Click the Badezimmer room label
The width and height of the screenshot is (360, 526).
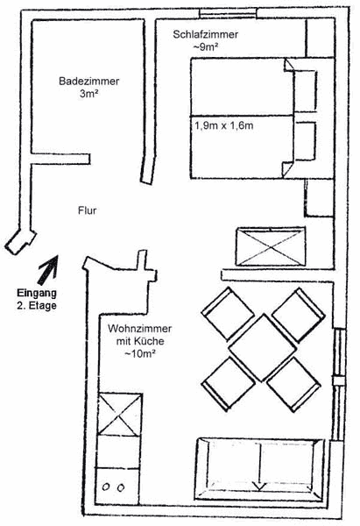pyautogui.click(x=88, y=82)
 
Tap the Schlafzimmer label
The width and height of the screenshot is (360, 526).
pyautogui.click(x=206, y=34)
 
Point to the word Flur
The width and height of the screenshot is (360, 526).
pyautogui.click(x=87, y=210)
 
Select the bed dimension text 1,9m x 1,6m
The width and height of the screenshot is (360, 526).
pyautogui.click(x=224, y=125)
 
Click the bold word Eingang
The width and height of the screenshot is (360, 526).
pyautogui.click(x=37, y=293)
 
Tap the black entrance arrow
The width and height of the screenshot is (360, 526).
pyautogui.click(x=48, y=270)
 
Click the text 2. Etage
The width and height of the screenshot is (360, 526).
pyautogui.click(x=37, y=306)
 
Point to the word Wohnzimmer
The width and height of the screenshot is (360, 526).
pyautogui.click(x=140, y=329)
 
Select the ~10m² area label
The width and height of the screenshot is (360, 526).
pyautogui.click(x=140, y=353)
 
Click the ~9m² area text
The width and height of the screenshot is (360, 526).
pyautogui.click(x=206, y=47)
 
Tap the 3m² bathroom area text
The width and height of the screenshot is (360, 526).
pyautogui.click(x=88, y=94)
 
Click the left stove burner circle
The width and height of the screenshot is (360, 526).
pyautogui.click(x=106, y=487)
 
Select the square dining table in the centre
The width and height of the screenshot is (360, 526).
pyautogui.click(x=263, y=347)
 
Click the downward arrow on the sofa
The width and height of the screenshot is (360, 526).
pyautogui.click(x=259, y=466)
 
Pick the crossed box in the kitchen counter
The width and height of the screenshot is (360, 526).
pyautogui.click(x=119, y=416)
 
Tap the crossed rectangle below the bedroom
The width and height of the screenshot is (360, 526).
pyautogui.click(x=271, y=246)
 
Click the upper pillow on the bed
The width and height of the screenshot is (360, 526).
pyautogui.click(x=306, y=91)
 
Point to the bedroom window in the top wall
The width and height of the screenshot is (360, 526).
pyautogui.click(x=228, y=14)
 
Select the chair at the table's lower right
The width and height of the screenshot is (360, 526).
pyautogui.click(x=294, y=384)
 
